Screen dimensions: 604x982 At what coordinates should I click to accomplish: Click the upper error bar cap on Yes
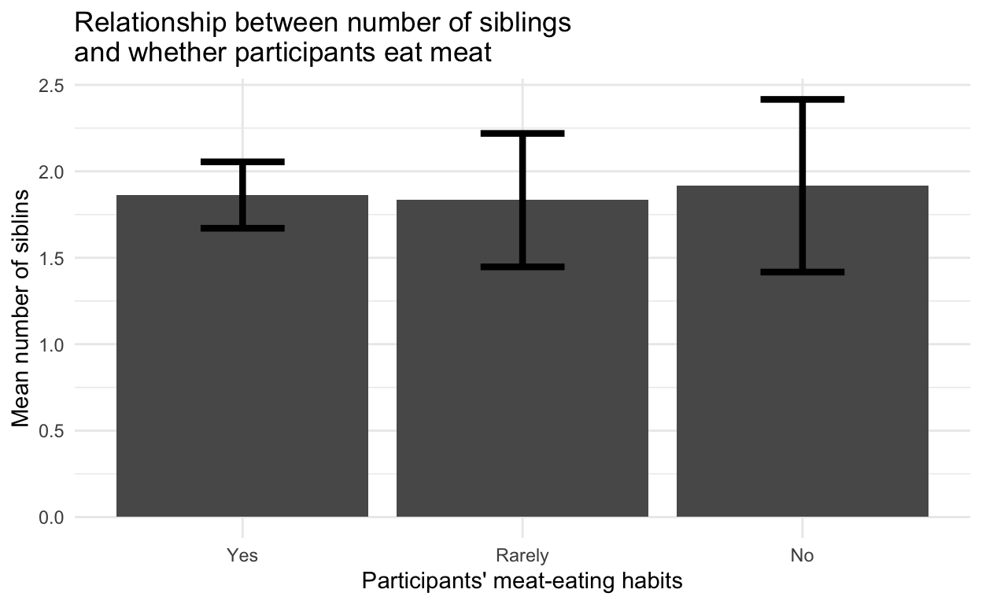242,161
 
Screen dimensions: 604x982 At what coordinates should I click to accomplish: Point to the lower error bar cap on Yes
242,228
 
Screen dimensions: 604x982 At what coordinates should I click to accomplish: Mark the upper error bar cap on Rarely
522,134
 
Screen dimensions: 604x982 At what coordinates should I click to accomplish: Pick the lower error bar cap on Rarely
522,267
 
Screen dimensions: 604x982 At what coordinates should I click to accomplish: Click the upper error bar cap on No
802,100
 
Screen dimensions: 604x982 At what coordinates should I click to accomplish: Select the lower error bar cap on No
802,272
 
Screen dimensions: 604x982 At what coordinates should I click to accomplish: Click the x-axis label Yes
242,555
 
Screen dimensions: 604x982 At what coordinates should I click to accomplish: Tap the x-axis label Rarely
522,555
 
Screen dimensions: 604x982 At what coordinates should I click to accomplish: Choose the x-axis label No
802,555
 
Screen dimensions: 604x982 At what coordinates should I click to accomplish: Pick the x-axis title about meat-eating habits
522,581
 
